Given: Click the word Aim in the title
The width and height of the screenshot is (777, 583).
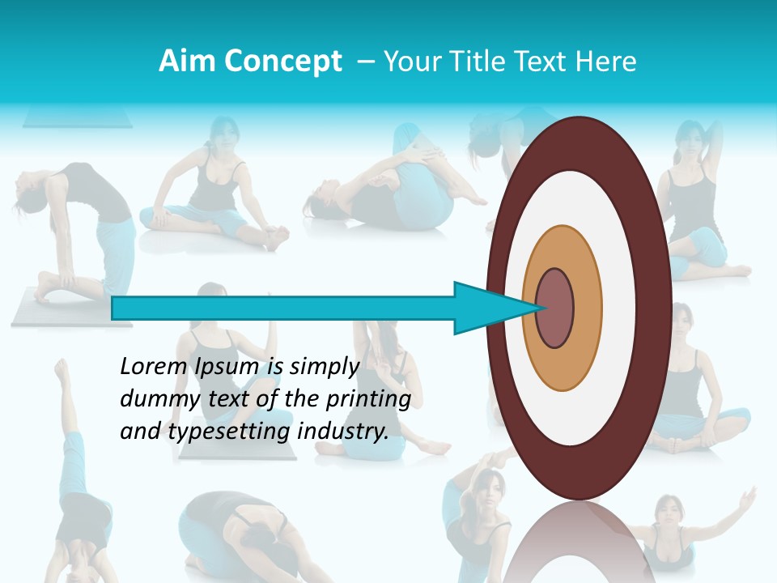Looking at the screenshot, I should pyautogui.click(x=185, y=62).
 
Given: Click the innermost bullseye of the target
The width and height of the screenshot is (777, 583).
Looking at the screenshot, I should pyautogui.click(x=555, y=308).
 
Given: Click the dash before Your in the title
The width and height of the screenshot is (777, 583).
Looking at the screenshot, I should pyautogui.click(x=365, y=62).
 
